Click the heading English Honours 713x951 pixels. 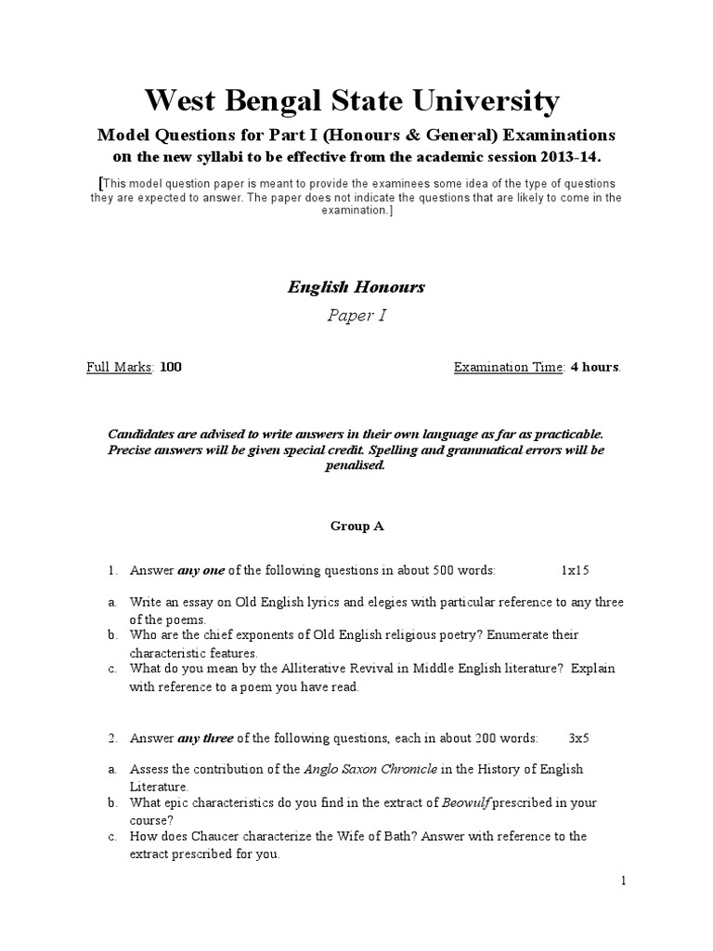356,287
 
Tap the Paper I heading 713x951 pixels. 356,316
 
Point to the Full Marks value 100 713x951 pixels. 171,367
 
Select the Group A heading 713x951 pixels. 356,526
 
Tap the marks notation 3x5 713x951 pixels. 579,738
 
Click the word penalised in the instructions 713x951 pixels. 356,465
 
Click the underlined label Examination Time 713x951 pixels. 508,367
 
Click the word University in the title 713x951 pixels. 482,100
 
